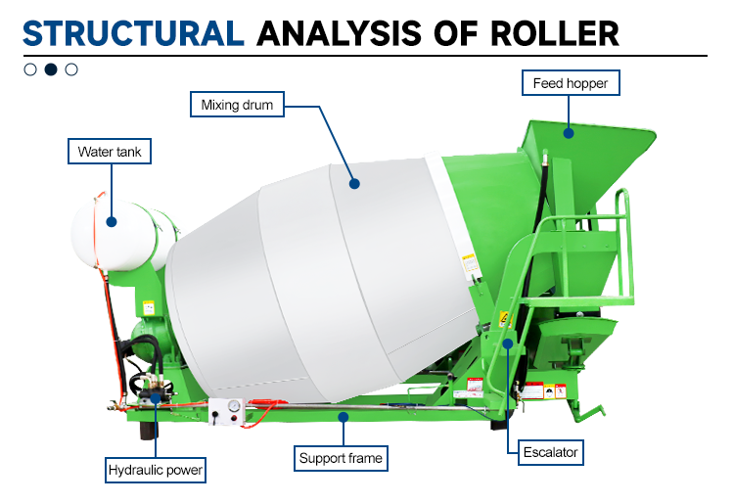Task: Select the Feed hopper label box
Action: pyautogui.click(x=571, y=83)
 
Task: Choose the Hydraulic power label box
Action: pyautogui.click(x=157, y=471)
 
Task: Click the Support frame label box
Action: pyautogui.click(x=341, y=457)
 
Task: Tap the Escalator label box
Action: pyautogui.click(x=552, y=452)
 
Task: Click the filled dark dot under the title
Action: pyautogui.click(x=51, y=69)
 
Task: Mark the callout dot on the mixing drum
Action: pyautogui.click(x=355, y=182)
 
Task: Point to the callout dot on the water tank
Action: pyautogui.click(x=112, y=222)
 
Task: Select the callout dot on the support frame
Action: pyautogui.click(x=343, y=416)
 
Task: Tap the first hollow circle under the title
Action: pyautogui.click(x=30, y=69)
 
